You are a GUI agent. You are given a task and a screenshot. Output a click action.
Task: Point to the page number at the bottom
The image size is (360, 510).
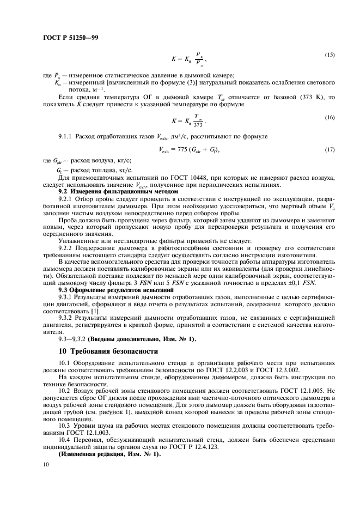[45, 464]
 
